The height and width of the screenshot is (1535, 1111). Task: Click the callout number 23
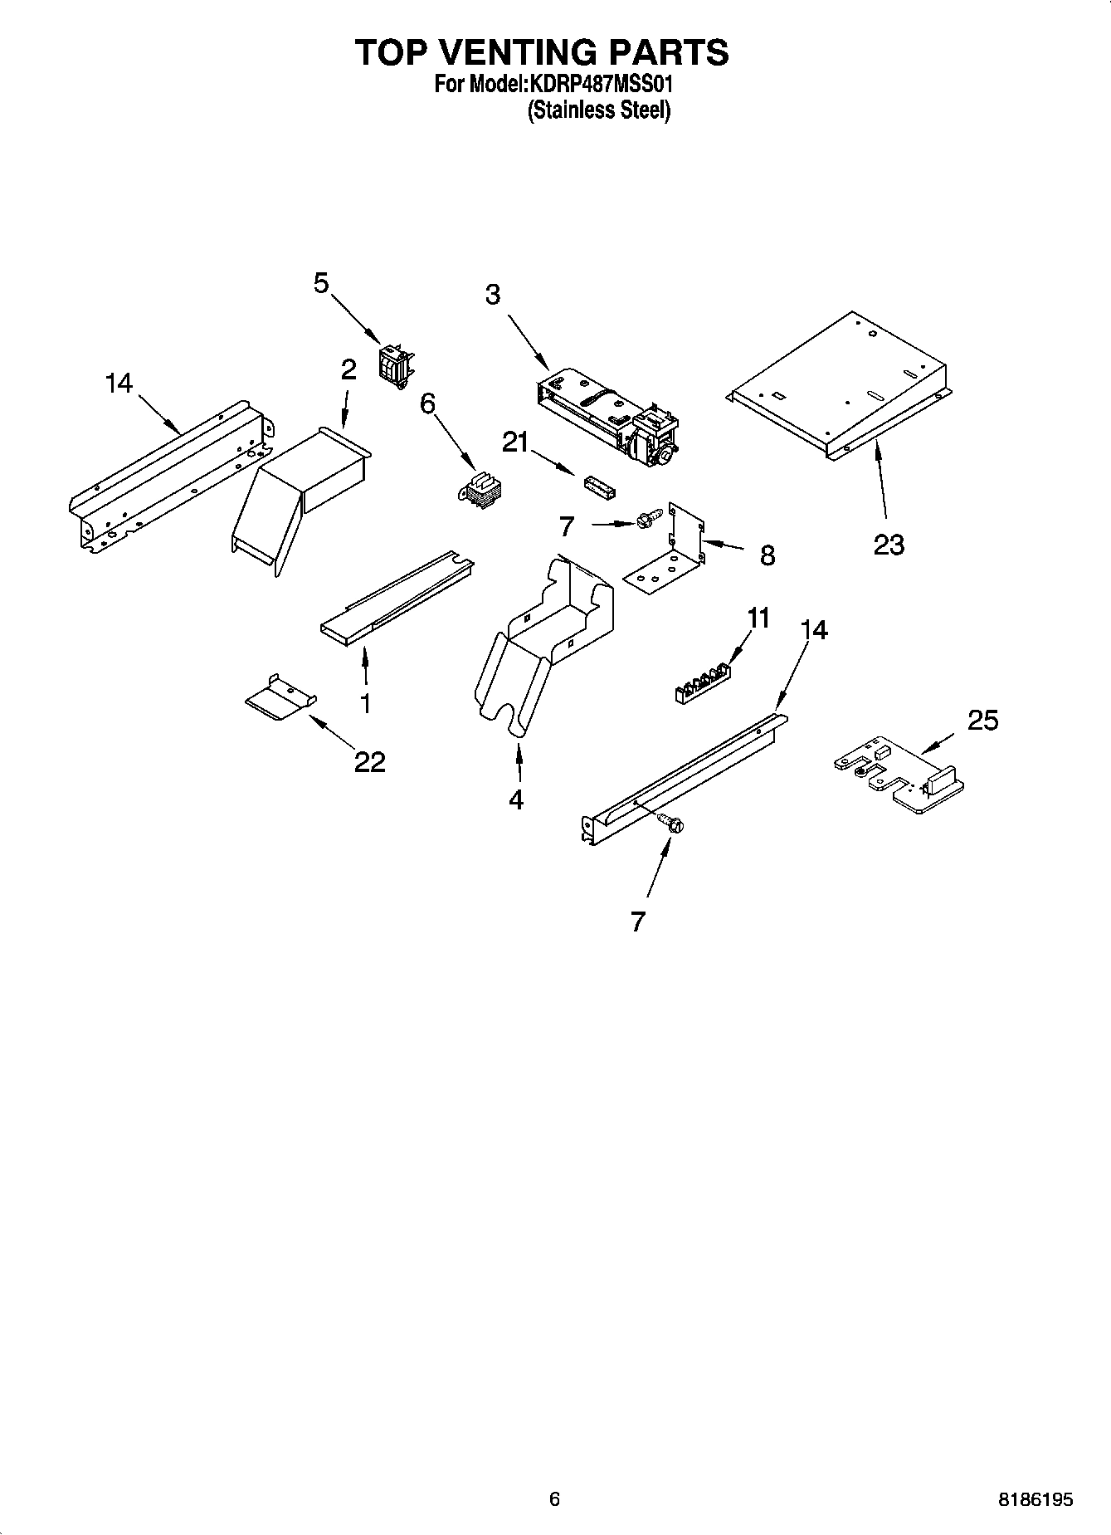[x=889, y=545]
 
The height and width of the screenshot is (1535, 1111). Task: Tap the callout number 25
[x=982, y=720]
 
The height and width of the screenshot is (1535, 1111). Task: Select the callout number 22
[x=370, y=761]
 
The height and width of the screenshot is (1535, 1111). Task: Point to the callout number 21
[x=515, y=443]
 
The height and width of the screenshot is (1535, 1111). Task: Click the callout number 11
[x=758, y=618]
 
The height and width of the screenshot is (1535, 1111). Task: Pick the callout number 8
[x=767, y=555]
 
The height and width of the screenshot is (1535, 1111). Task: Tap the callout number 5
[x=321, y=283]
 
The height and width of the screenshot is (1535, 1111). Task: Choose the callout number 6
[x=427, y=403]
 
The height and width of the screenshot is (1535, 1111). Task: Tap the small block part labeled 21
[x=598, y=487]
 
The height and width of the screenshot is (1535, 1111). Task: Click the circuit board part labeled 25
[x=900, y=775]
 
